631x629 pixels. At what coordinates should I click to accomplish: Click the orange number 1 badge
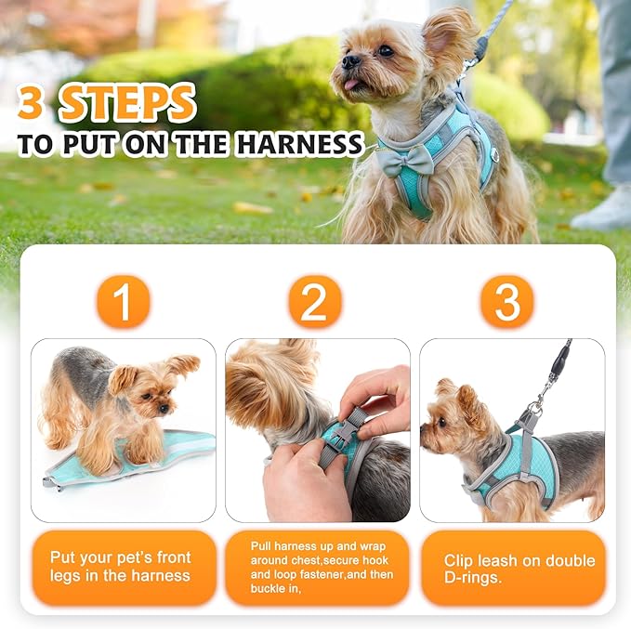(123, 301)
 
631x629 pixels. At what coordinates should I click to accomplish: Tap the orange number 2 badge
(315, 301)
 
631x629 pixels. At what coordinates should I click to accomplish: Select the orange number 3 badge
(506, 301)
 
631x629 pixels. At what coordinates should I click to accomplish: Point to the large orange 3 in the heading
(31, 103)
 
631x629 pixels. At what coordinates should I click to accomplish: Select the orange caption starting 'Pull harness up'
(316, 567)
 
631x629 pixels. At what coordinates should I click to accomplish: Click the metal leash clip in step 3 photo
(537, 405)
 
